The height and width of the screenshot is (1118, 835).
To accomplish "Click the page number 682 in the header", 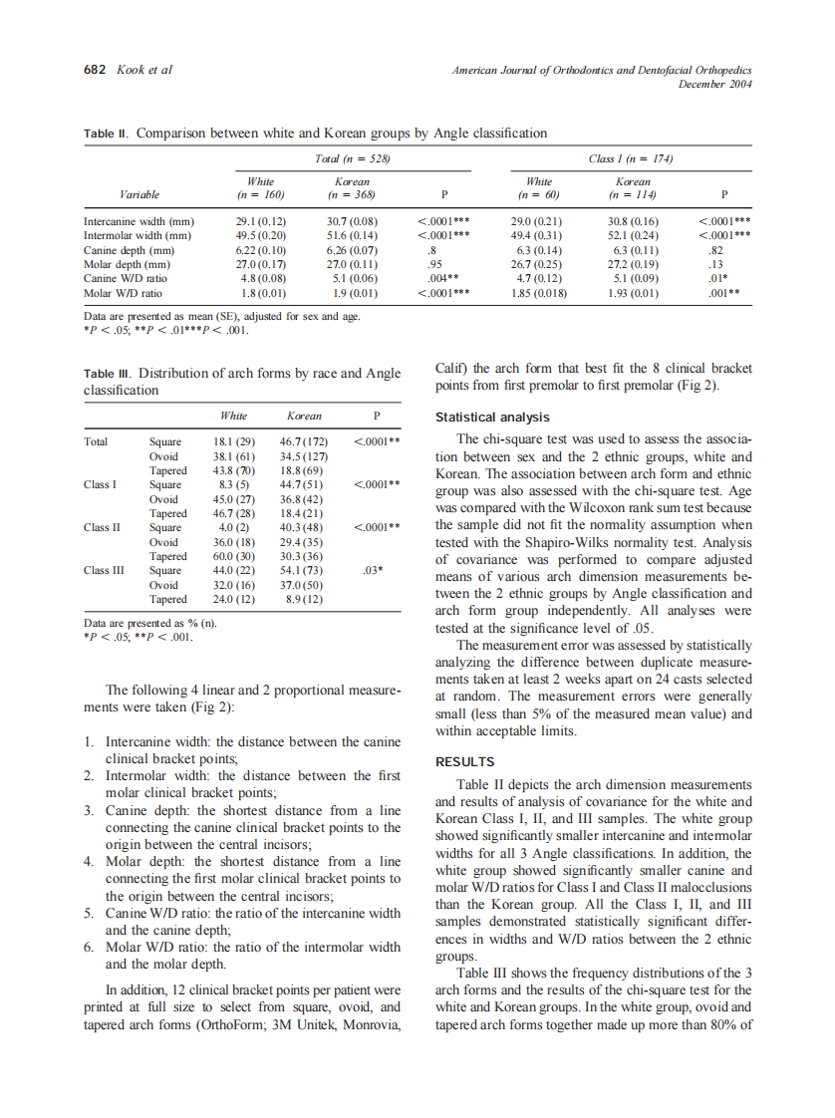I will [95, 70].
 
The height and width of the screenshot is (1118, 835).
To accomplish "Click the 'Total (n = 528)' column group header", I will [351, 158].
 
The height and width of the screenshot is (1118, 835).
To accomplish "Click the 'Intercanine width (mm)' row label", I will [139, 221].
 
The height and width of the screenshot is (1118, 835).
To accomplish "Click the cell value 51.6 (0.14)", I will [352, 235].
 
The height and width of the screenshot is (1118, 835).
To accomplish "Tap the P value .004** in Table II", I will [441, 279].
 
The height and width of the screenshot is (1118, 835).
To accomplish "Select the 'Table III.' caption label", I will [108, 374].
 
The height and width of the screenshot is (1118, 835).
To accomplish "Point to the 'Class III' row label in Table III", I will [105, 571].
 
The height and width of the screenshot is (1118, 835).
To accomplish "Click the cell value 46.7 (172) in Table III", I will [305, 440].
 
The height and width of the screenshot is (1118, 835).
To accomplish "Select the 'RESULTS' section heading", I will [466, 762].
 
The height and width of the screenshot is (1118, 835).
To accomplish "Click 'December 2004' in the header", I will [714, 84].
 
